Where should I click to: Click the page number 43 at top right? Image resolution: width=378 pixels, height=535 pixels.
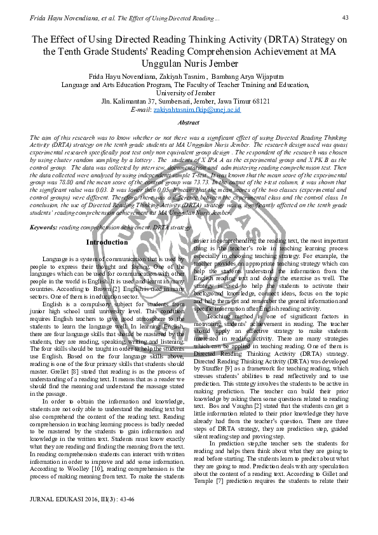tap(346, 17)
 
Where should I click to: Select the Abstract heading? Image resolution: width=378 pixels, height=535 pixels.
tap(188, 122)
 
